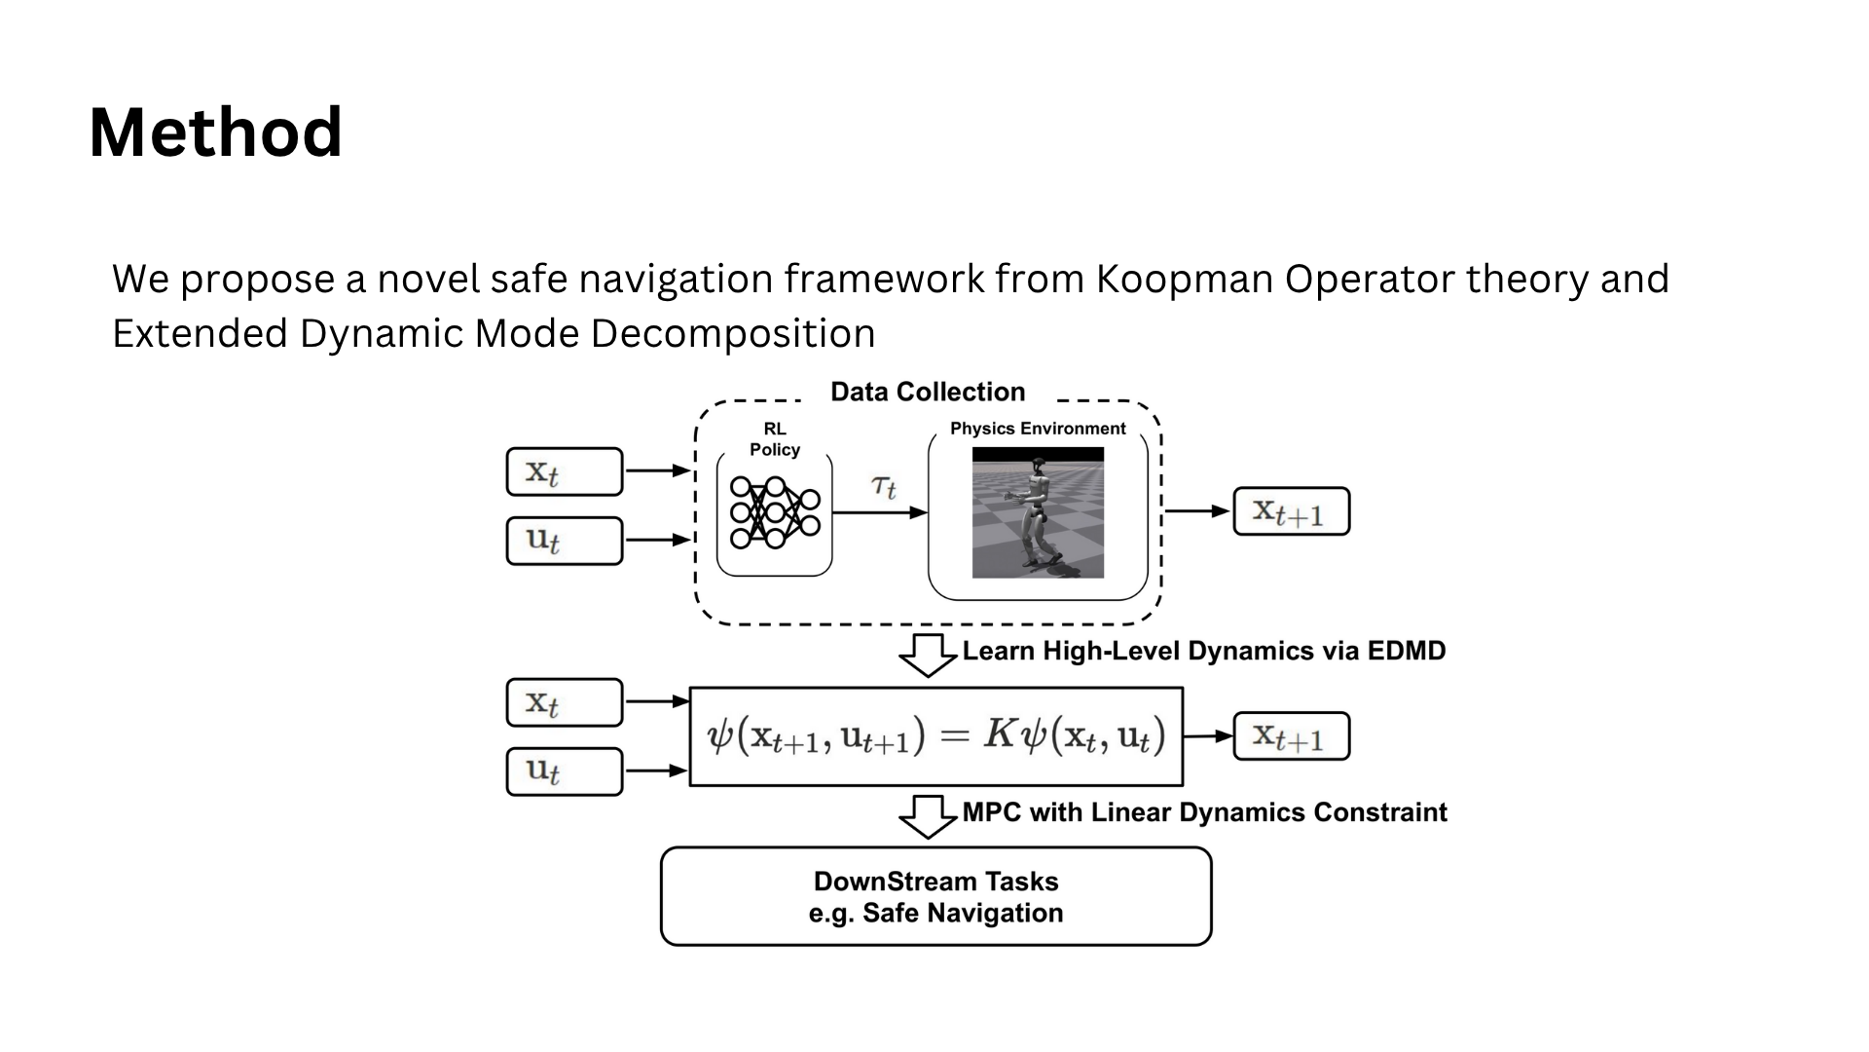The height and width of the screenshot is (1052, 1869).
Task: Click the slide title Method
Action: [215, 132]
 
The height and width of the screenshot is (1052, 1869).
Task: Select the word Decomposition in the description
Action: [732, 334]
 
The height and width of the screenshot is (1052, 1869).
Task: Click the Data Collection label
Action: [927, 392]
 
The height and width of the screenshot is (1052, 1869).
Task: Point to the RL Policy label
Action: [775, 439]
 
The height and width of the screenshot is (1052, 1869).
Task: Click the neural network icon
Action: [775, 512]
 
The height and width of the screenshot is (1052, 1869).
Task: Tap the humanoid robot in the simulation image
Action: [1036, 511]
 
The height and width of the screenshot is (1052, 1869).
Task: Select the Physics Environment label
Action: [1038, 429]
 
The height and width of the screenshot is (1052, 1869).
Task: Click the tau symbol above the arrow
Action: [883, 485]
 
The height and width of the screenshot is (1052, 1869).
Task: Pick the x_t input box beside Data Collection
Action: [564, 472]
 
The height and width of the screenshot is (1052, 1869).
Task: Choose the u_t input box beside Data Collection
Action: [564, 541]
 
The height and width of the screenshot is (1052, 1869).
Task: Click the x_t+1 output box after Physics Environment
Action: [1291, 511]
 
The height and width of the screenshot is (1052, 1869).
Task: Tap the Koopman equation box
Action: [935, 736]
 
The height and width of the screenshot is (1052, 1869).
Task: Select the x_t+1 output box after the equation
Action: [1291, 736]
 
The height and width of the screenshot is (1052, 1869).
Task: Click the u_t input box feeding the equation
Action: [564, 771]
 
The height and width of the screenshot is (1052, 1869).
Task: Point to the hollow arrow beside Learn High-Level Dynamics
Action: [927, 655]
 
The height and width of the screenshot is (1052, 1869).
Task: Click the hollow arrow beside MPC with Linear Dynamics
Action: [927, 816]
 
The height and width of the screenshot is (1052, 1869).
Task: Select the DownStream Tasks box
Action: [935, 896]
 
